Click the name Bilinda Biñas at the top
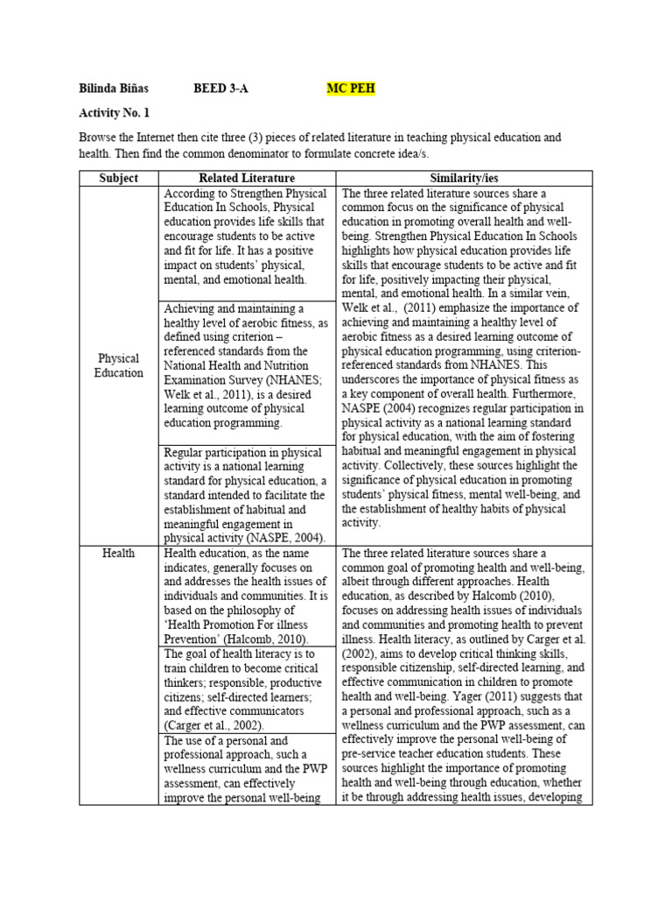[114, 89]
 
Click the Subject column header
[118, 179]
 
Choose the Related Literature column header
[247, 179]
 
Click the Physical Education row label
[118, 365]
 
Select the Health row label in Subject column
[118, 554]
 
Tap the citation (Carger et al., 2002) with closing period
[214, 725]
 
